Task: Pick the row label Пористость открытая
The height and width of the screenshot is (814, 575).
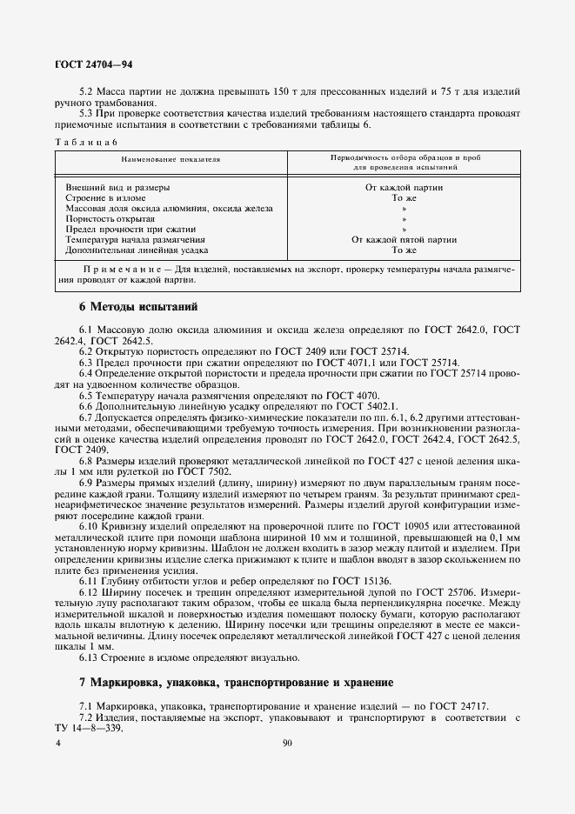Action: [117, 218]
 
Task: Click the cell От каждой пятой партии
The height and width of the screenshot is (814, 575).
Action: [405, 239]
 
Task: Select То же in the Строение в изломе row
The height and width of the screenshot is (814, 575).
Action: [405, 197]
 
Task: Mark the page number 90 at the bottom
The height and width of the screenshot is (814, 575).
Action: [288, 744]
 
